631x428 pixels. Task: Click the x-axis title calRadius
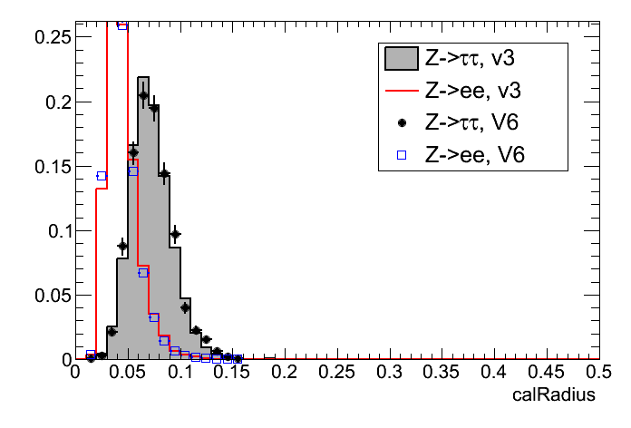554,395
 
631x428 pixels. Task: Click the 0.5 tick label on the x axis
598,373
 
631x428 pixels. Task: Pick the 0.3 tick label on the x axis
390,373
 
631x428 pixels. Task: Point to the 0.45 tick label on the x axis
546,373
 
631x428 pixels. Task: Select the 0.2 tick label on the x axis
286,373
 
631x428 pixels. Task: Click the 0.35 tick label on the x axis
442,373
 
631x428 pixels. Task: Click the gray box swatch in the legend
401,59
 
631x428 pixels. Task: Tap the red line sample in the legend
401,91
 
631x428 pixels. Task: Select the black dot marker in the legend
401,122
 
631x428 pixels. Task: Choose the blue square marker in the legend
401,155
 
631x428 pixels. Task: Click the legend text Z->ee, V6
475,155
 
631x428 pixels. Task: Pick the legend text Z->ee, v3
475,91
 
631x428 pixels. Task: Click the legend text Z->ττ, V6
475,122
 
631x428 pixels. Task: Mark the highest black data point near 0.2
143,94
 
